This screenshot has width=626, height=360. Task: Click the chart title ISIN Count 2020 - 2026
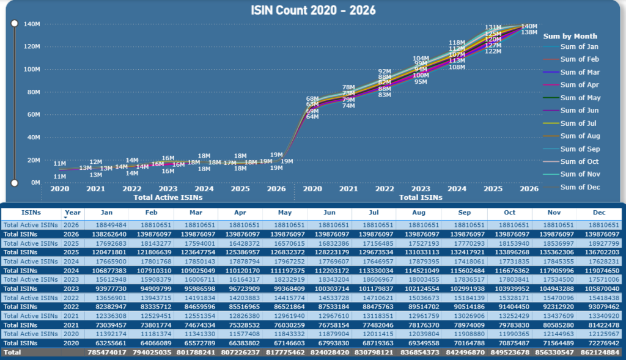pyautogui.click(x=313, y=10)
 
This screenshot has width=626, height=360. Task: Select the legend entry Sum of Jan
pyautogui.click(x=579, y=46)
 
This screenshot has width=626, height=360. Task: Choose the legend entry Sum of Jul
pyautogui.click(x=579, y=123)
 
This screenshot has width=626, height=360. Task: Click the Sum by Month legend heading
pyautogui.click(x=570, y=36)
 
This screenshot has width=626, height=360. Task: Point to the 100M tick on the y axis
pyautogui.click(x=32, y=69)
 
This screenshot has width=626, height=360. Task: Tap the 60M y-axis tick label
pyautogui.click(x=32, y=114)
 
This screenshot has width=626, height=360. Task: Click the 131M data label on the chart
pyautogui.click(x=493, y=28)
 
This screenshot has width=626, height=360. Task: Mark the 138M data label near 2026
pyautogui.click(x=529, y=32)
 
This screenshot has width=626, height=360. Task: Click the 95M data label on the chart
pyautogui.click(x=421, y=82)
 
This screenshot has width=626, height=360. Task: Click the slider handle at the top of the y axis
pyautogui.click(x=15, y=23)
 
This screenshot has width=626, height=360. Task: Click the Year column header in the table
pyautogui.click(x=72, y=213)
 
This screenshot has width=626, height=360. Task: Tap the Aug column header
pyautogui.click(x=418, y=213)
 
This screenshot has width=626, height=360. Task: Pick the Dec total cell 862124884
pyautogui.click(x=597, y=353)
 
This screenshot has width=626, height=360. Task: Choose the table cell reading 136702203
pyautogui.click(x=597, y=252)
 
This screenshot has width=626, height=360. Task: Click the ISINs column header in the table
pyautogui.click(x=31, y=213)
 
